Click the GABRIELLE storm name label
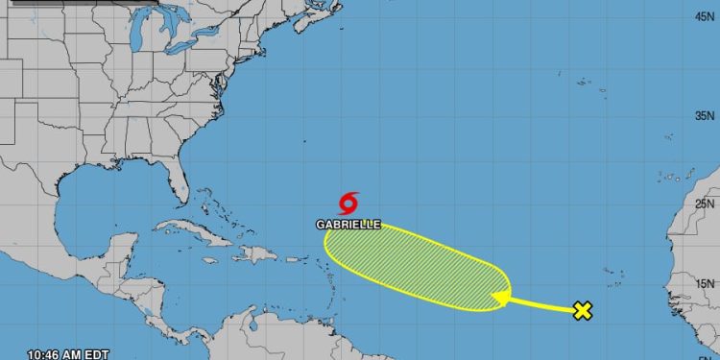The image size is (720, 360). pos(348,225)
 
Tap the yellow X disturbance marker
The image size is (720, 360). pos(582,310)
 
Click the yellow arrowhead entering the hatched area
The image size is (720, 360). pos(499,300)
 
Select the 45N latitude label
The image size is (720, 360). pos(706,16)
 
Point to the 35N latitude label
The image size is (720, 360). pos(706,115)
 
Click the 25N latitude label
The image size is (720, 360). pos(706,204)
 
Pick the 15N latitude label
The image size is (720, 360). pos(706,283)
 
